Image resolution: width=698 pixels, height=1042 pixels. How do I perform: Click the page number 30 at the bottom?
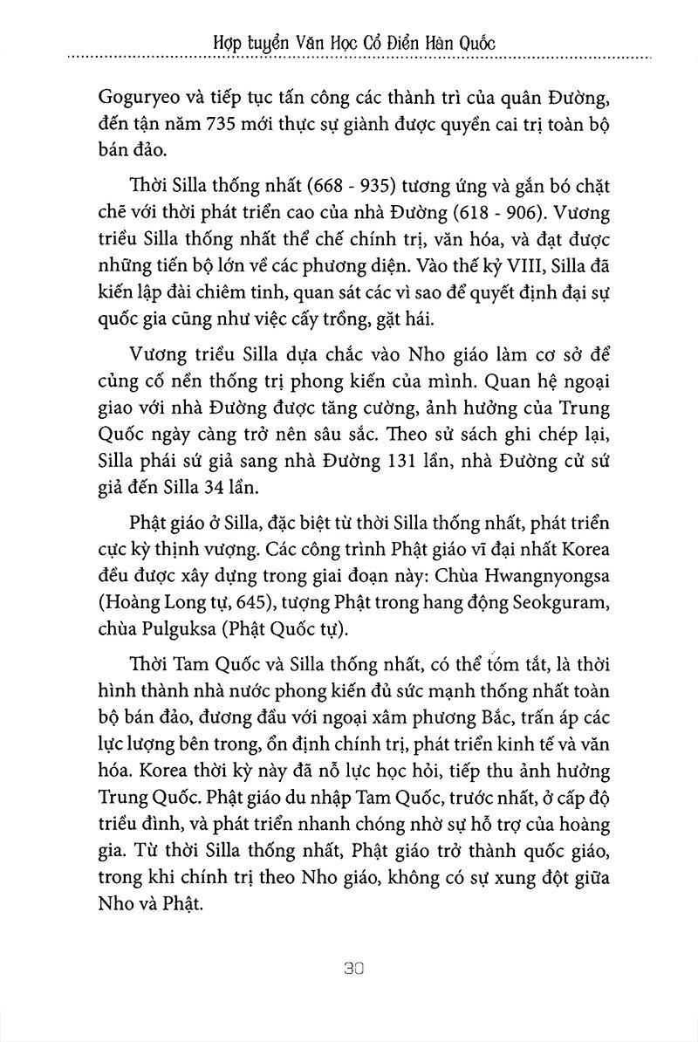[348, 968]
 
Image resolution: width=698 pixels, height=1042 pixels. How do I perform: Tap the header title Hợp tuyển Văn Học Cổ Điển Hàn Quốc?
[348, 41]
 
